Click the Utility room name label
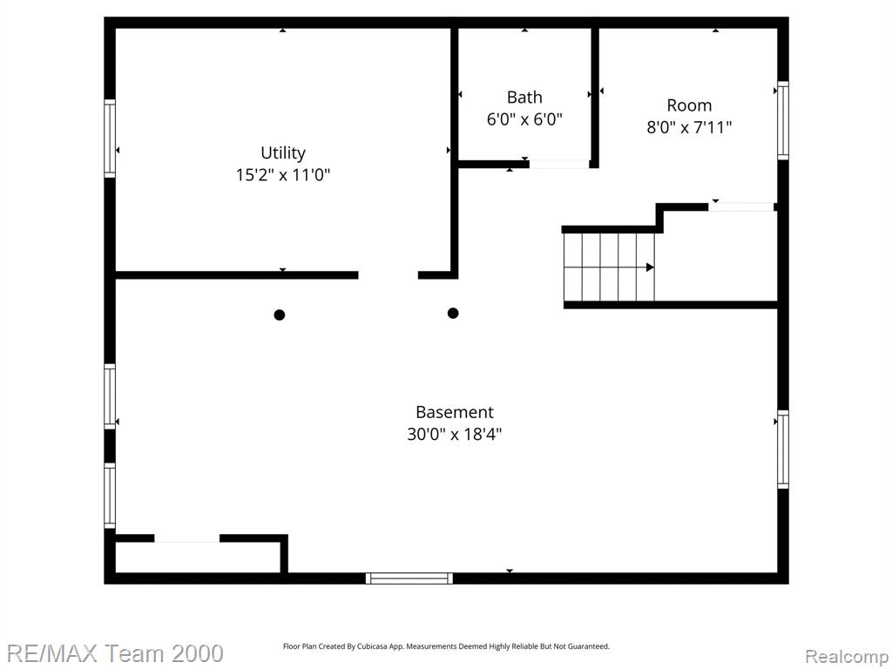click(283, 153)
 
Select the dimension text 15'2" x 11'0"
click(283, 174)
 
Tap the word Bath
click(524, 98)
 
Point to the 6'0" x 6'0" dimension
click(524, 119)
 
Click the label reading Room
click(689, 105)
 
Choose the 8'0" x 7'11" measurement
click(689, 127)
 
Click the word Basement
click(455, 412)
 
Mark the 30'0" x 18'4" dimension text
click(455, 435)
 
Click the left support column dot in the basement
click(280, 314)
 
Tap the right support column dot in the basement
click(453, 313)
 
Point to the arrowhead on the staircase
click(650, 267)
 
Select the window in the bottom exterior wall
click(409, 578)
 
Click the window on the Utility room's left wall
click(110, 139)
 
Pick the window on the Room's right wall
click(783, 120)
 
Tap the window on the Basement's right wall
click(783, 449)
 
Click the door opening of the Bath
click(559, 165)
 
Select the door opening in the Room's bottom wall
click(741, 207)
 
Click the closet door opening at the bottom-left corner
click(187, 538)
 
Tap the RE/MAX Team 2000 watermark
click(114, 653)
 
